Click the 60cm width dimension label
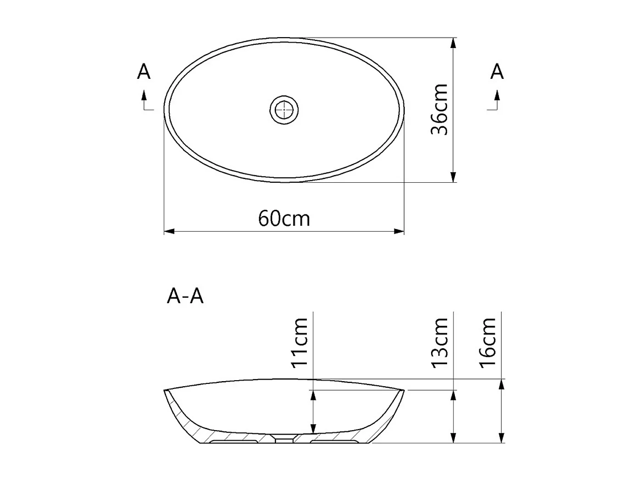[284, 219]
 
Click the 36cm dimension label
[439, 109]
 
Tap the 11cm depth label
[299, 342]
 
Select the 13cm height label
[439, 342]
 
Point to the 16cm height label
[488, 342]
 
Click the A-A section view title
[185, 296]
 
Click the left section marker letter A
[144, 72]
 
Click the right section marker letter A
[497, 72]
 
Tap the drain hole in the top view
[284, 109]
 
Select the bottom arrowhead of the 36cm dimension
[453, 177]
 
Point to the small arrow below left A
[144, 96]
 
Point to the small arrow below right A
[497, 96]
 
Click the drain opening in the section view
[284, 439]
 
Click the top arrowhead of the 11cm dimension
[313, 395]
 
